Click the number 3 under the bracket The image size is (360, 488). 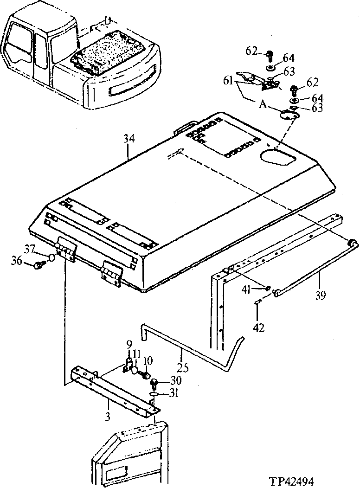(x=108, y=417)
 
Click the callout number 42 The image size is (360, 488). (x=258, y=327)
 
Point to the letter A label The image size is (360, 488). (x=263, y=105)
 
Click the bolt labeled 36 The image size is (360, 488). (x=39, y=265)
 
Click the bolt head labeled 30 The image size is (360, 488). (x=155, y=382)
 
